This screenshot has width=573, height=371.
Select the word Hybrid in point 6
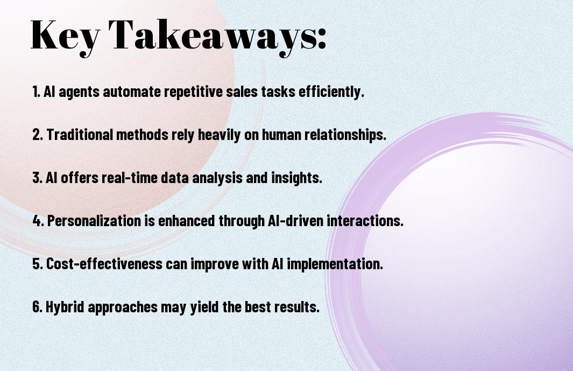65,306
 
